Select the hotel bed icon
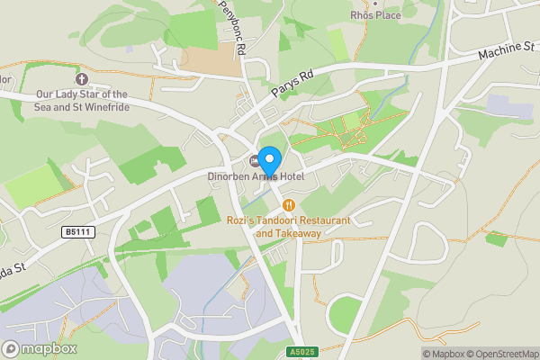point(255,160)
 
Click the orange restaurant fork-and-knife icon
point(288,205)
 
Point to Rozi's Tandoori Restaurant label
point(288,220)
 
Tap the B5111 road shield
point(78,232)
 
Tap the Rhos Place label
point(374,15)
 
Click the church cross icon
point(82,79)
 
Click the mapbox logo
point(40,348)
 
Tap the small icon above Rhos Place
point(374,3)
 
